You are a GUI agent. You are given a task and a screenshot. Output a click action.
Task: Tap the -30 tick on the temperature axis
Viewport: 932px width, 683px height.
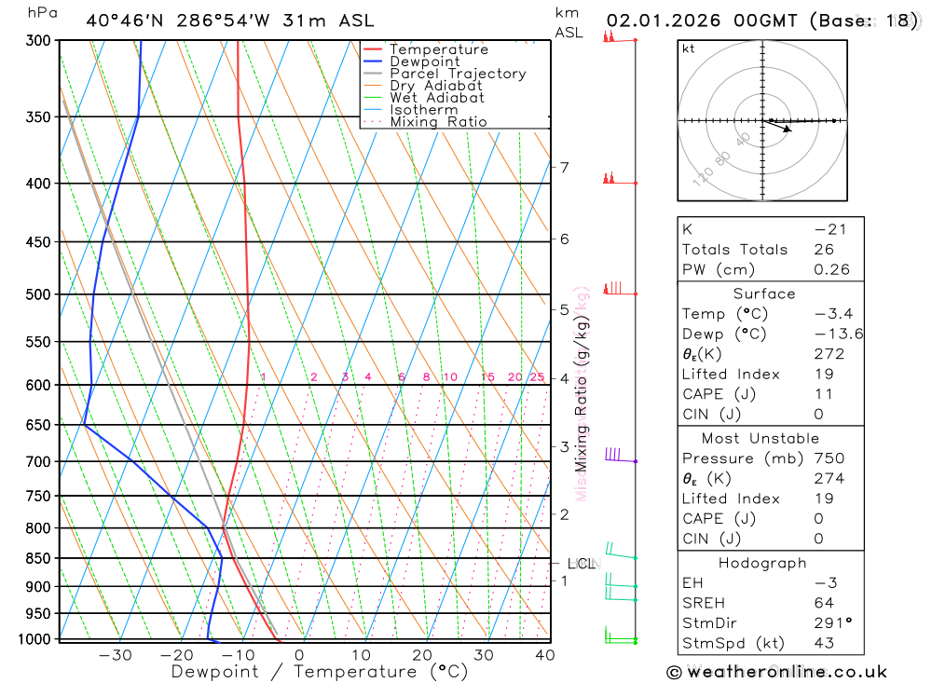click(115, 655)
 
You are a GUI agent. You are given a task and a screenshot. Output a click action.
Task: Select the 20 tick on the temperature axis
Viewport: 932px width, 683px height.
click(422, 655)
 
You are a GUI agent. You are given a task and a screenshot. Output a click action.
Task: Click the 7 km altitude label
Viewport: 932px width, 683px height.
click(564, 168)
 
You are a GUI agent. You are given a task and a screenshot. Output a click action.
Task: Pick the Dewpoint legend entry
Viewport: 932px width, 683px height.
click(424, 61)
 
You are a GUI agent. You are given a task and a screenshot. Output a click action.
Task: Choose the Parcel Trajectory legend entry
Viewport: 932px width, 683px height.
click(458, 74)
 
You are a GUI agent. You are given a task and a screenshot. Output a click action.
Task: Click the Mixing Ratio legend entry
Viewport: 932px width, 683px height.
click(438, 122)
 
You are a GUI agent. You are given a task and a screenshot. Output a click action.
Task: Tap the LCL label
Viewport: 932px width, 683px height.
click(581, 564)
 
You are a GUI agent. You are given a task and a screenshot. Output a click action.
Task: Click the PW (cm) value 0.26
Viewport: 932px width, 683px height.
click(831, 269)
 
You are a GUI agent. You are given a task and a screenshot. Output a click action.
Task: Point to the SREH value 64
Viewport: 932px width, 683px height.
click(823, 604)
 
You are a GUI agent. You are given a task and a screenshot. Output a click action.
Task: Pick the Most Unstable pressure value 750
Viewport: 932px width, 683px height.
click(829, 458)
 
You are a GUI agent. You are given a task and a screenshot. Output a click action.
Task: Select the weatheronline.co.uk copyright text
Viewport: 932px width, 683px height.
click(776, 672)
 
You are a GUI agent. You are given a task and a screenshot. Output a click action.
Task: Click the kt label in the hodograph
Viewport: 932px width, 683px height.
click(689, 48)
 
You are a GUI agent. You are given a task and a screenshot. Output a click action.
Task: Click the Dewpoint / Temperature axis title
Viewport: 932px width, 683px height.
click(320, 672)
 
